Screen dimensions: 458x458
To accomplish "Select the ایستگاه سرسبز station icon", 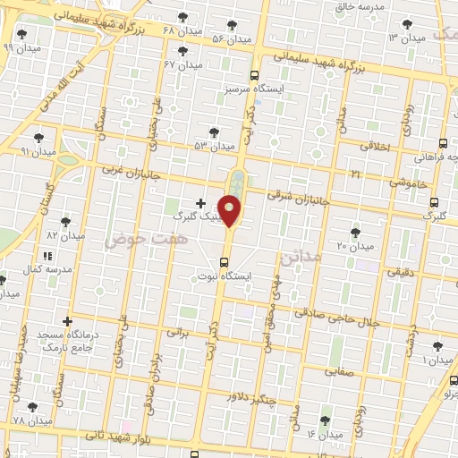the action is (x=255, y=76).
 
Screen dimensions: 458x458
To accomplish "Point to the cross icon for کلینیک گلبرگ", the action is (x=200, y=203).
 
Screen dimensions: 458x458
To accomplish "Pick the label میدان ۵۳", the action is (x=214, y=145).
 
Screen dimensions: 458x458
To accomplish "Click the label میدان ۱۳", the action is (x=405, y=38).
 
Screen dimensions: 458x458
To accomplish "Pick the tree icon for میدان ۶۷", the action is (x=183, y=50).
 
